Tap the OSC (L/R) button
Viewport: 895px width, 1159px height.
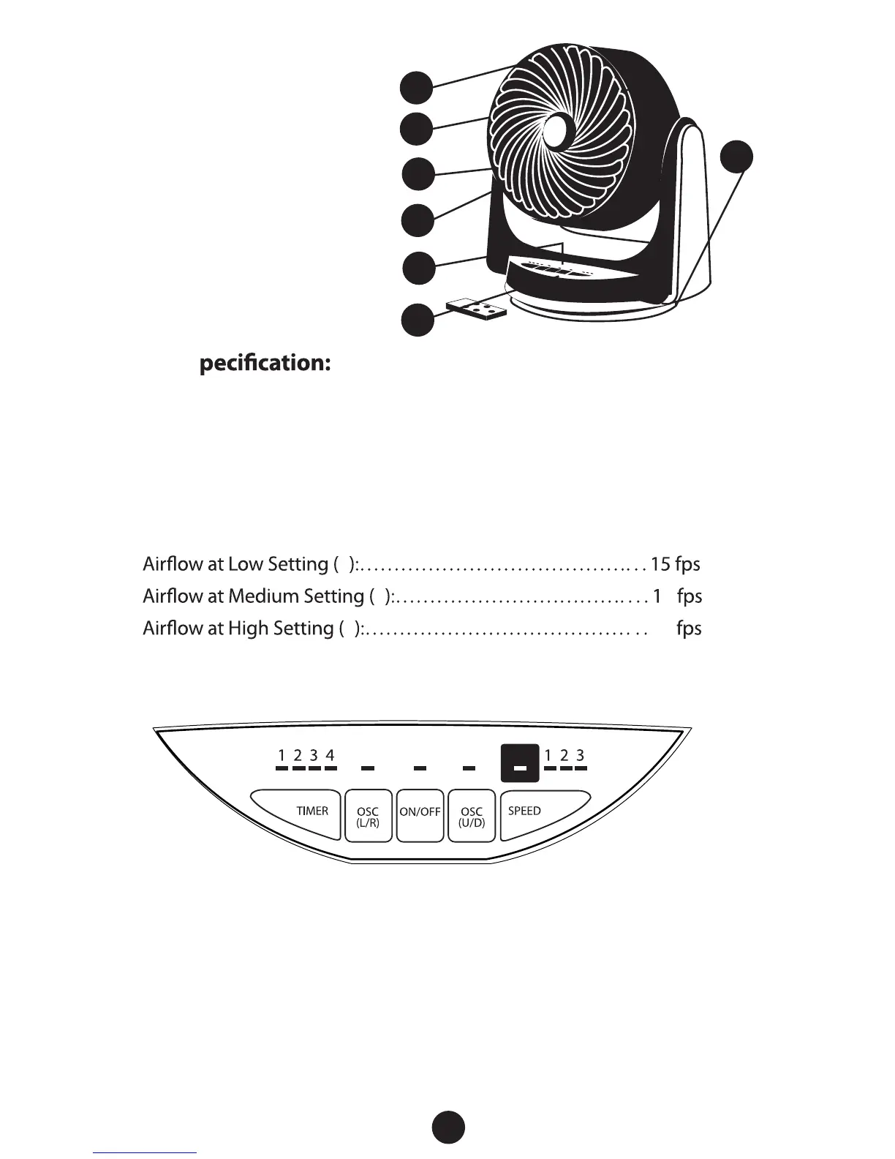tap(367, 816)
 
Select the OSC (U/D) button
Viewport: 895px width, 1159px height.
tap(472, 816)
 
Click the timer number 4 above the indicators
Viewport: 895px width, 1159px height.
tap(331, 754)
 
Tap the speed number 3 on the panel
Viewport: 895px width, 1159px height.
tap(580, 754)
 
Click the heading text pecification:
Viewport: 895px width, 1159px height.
tap(266, 364)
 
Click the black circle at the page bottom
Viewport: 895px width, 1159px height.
tap(447, 1128)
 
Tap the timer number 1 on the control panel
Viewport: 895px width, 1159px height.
tap(282, 754)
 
